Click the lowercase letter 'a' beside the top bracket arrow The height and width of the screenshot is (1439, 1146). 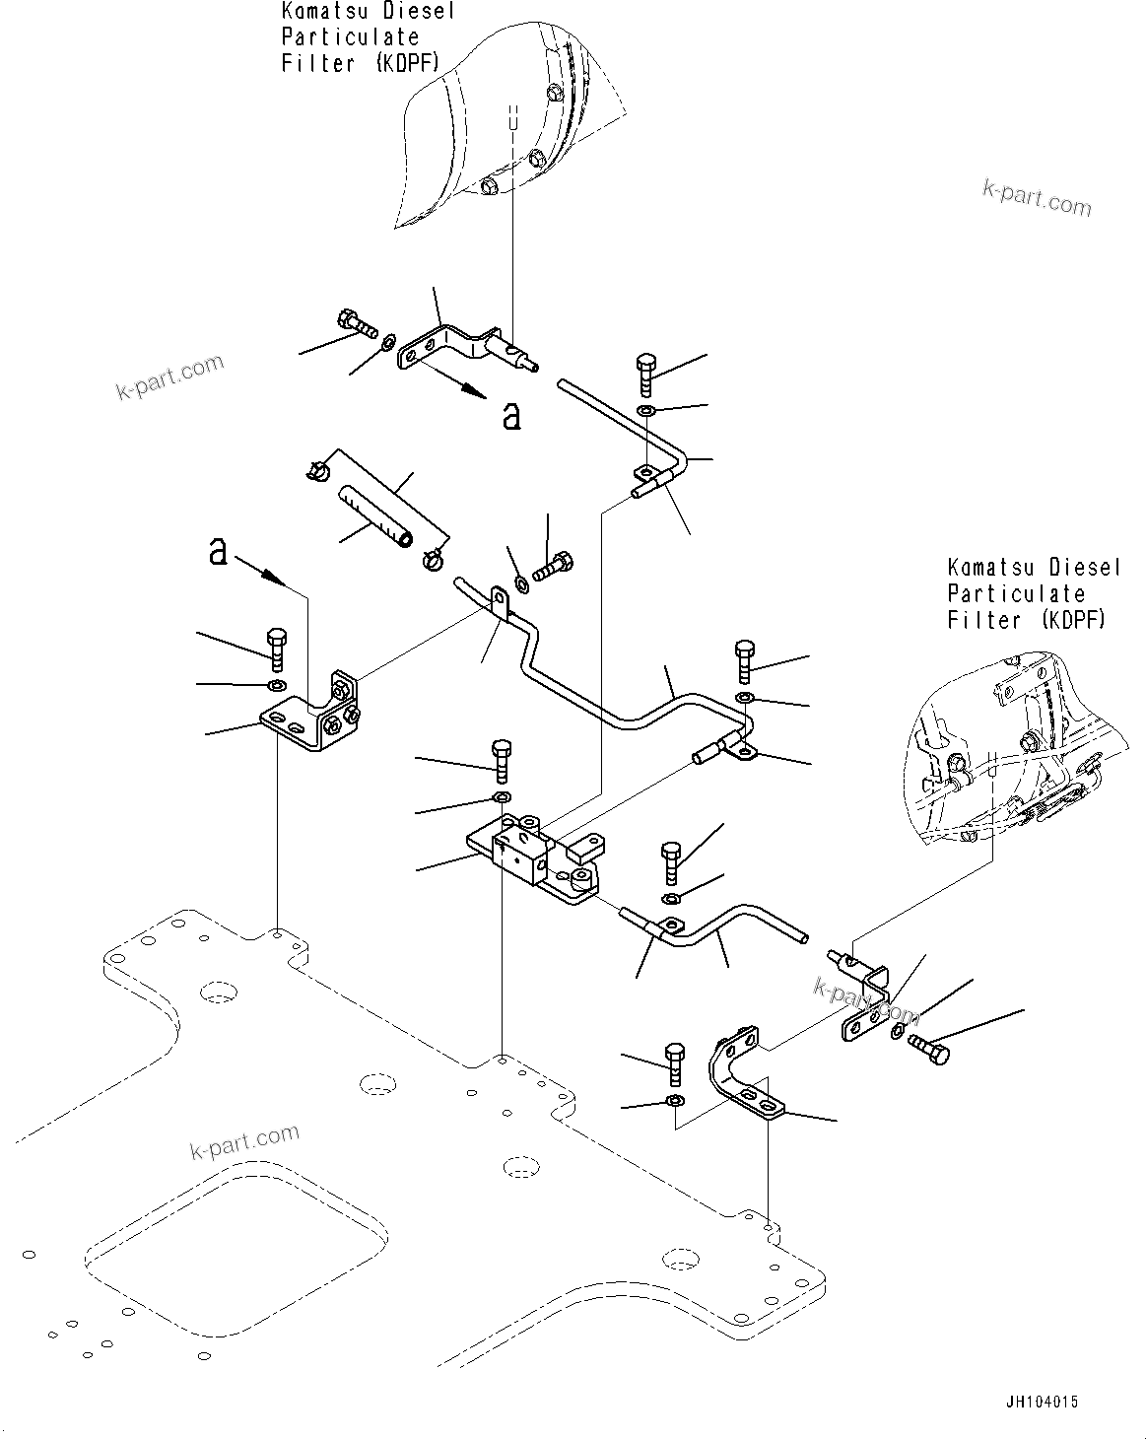pos(510,416)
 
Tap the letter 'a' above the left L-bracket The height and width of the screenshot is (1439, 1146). pos(218,551)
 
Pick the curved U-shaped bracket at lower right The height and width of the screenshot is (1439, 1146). pos(741,1074)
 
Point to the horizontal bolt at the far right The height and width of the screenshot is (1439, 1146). pos(928,1047)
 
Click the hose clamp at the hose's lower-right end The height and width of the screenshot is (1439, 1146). pos(432,560)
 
